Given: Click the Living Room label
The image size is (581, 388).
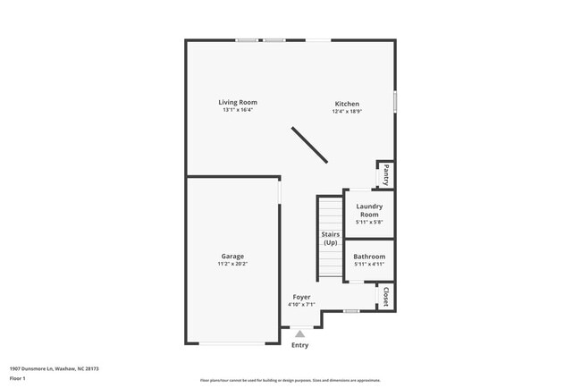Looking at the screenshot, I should pyautogui.click(x=238, y=102).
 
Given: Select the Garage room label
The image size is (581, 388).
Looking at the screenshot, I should pyautogui.click(x=232, y=257).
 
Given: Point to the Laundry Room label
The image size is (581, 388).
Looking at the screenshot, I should pyautogui.click(x=368, y=210).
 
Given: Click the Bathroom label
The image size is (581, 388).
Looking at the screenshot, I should pyautogui.click(x=368, y=257).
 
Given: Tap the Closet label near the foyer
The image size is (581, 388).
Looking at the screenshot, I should pyautogui.click(x=385, y=296).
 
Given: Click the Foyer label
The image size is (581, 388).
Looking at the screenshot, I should pyautogui.click(x=301, y=297).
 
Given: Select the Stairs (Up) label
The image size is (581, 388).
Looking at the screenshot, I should pyautogui.click(x=331, y=238).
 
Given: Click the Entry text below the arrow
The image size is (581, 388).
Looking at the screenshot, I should pyautogui.click(x=299, y=345).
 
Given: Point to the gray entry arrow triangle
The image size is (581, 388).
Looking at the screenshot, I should pyautogui.click(x=299, y=334).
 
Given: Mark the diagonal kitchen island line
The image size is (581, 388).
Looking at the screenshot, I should pyautogui.click(x=308, y=144).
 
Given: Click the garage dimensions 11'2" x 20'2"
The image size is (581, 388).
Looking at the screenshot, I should pyautogui.click(x=232, y=265).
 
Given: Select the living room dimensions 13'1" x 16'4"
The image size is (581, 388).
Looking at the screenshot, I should pyautogui.click(x=238, y=110).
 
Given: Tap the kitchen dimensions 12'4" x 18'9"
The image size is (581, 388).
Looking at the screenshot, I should pyautogui.click(x=347, y=112).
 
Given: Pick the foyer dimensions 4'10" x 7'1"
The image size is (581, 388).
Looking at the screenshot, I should pyautogui.click(x=301, y=305).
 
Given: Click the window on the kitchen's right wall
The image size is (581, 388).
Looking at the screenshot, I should pyautogui.click(x=394, y=101).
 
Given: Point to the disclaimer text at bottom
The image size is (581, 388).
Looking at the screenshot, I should pyautogui.click(x=290, y=380).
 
